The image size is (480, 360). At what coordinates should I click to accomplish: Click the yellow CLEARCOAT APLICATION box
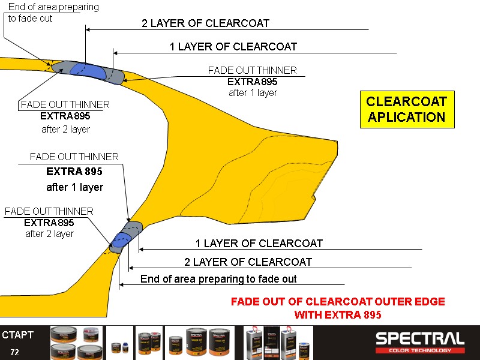407,109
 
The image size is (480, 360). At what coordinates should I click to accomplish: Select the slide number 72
14,352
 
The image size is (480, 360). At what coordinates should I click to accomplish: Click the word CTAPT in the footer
17,335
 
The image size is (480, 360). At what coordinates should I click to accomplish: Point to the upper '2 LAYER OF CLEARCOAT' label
205,23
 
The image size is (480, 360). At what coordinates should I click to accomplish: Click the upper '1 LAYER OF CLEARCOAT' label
233,47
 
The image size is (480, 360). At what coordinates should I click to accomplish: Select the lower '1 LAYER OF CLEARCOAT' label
259,244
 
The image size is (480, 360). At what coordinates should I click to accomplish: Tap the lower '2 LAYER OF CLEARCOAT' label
248,262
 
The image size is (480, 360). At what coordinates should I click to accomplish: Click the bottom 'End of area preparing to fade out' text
218,279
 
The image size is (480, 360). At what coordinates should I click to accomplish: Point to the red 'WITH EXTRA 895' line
338,314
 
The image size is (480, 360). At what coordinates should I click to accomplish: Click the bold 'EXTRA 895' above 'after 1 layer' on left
74,172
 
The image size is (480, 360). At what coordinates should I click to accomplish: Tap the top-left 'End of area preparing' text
53,7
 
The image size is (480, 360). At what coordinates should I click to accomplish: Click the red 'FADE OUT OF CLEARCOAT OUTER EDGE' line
338,302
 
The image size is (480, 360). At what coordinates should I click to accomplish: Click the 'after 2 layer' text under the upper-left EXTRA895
65,129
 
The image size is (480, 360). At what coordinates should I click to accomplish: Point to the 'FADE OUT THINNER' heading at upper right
253,71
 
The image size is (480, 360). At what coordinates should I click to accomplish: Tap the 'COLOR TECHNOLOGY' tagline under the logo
419,350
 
